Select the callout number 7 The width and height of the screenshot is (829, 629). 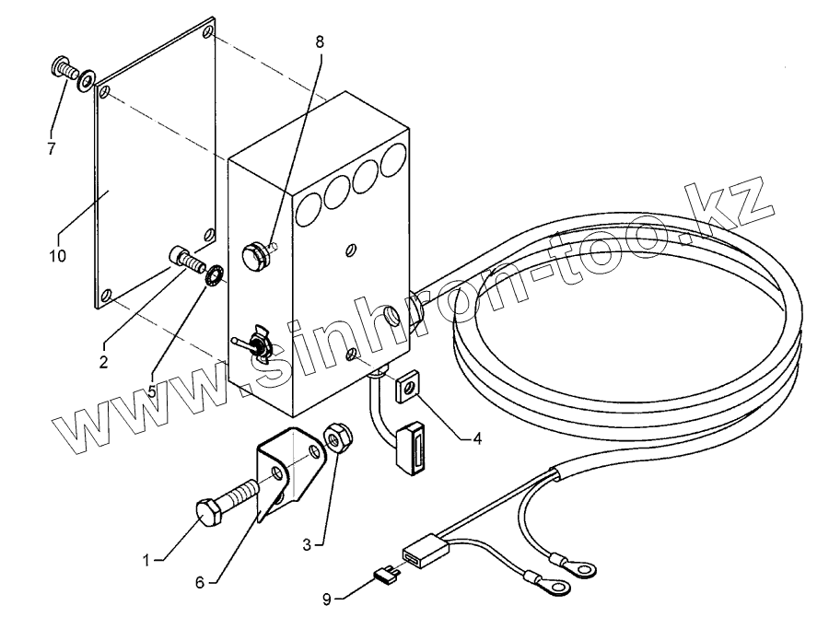(x=52, y=147)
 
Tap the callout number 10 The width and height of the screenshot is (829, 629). (x=57, y=256)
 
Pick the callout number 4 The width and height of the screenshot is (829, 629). (x=476, y=438)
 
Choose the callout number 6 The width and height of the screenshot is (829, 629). (x=201, y=581)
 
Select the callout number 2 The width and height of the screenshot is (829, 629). (x=103, y=361)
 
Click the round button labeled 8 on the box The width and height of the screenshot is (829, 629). (x=254, y=254)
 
